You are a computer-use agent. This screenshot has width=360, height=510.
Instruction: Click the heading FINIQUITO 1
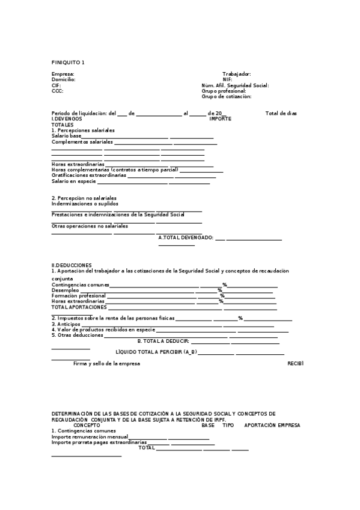(x=68, y=63)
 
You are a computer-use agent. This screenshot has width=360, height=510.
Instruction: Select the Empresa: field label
(x=63, y=74)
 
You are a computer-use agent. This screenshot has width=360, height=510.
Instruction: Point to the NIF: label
(x=227, y=79)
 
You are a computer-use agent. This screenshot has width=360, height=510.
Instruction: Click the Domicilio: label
(x=64, y=79)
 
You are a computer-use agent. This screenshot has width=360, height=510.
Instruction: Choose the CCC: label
(x=57, y=91)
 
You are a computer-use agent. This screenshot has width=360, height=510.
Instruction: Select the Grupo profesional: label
(x=224, y=91)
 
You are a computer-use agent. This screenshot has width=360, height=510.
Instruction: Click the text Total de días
(x=281, y=114)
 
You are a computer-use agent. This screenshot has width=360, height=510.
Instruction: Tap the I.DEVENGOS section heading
(x=67, y=119)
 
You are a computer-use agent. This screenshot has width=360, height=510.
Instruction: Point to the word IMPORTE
(x=220, y=119)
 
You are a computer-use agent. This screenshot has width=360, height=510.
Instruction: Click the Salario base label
(x=66, y=137)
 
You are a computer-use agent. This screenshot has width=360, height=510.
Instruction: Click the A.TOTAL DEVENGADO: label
(x=186, y=238)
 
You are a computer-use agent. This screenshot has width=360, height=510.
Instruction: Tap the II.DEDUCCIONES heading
(x=72, y=265)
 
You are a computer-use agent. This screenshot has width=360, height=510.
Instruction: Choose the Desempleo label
(x=66, y=290)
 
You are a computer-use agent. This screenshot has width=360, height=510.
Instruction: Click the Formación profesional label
(x=79, y=296)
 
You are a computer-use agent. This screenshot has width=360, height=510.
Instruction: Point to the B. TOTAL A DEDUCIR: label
(x=163, y=341)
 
